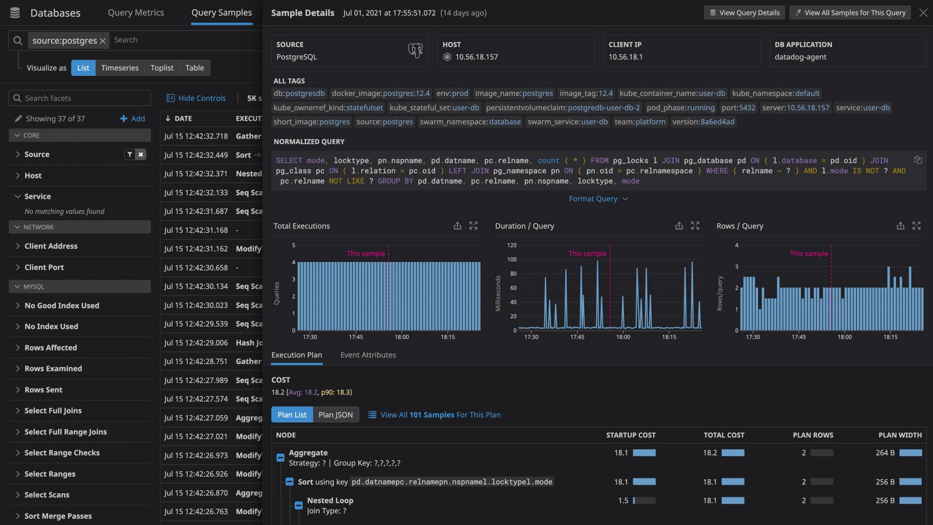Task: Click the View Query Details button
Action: coord(744,13)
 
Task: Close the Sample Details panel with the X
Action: coord(923,13)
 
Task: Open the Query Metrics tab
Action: coord(136,13)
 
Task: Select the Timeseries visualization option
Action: coord(120,68)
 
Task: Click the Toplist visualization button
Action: coord(162,68)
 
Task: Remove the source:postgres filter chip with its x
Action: coord(103,41)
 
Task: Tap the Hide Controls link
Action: coord(196,98)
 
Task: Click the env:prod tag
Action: coord(452,93)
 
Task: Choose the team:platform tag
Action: coord(640,122)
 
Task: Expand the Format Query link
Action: coord(598,199)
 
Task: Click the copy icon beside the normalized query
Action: coord(917,160)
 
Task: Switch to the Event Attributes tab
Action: coord(368,355)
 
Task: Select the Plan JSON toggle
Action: coord(335,415)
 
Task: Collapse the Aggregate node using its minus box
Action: coord(280,458)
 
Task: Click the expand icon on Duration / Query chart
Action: coord(695,226)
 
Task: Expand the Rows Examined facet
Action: coord(53,368)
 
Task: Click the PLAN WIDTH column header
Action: coord(900,435)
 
